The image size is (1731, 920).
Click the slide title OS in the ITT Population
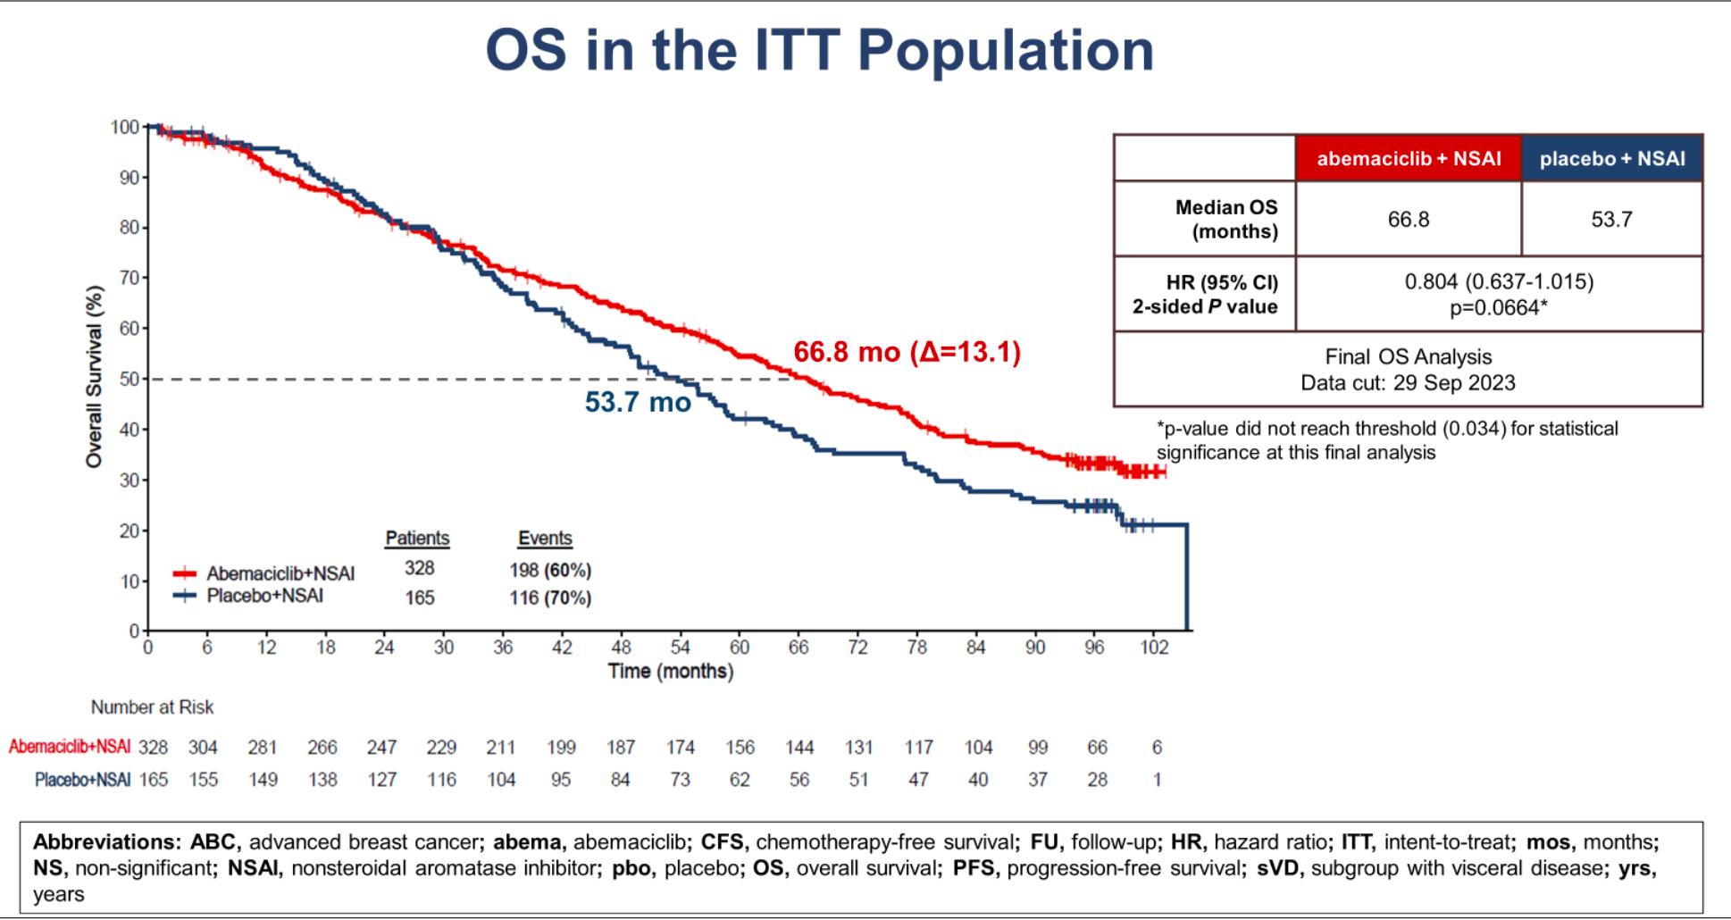click(x=819, y=50)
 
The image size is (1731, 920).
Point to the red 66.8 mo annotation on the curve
click(x=906, y=352)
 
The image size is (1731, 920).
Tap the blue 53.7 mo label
click(x=638, y=402)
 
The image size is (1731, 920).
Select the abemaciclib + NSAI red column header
click(x=1408, y=159)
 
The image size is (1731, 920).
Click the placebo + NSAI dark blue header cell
click(x=1611, y=159)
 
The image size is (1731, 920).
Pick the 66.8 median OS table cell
click(x=1408, y=220)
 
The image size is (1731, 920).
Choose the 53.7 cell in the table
click(x=1611, y=220)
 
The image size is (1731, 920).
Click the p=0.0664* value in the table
click(x=1498, y=308)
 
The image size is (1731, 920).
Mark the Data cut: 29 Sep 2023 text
click(x=1408, y=383)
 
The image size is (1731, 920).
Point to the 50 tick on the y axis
click(x=130, y=379)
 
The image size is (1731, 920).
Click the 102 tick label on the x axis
click(x=1153, y=647)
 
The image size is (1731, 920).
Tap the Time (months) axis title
click(x=670, y=671)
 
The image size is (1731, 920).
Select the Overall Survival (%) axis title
click(x=94, y=376)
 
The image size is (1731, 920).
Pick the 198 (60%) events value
click(x=550, y=570)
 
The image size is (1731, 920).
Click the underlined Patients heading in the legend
click(x=417, y=539)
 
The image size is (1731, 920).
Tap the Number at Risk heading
click(x=152, y=707)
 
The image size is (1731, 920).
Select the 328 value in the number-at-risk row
click(x=153, y=747)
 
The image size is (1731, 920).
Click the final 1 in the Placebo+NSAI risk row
click(x=1157, y=780)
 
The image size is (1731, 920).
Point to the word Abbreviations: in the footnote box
click(x=105, y=842)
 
